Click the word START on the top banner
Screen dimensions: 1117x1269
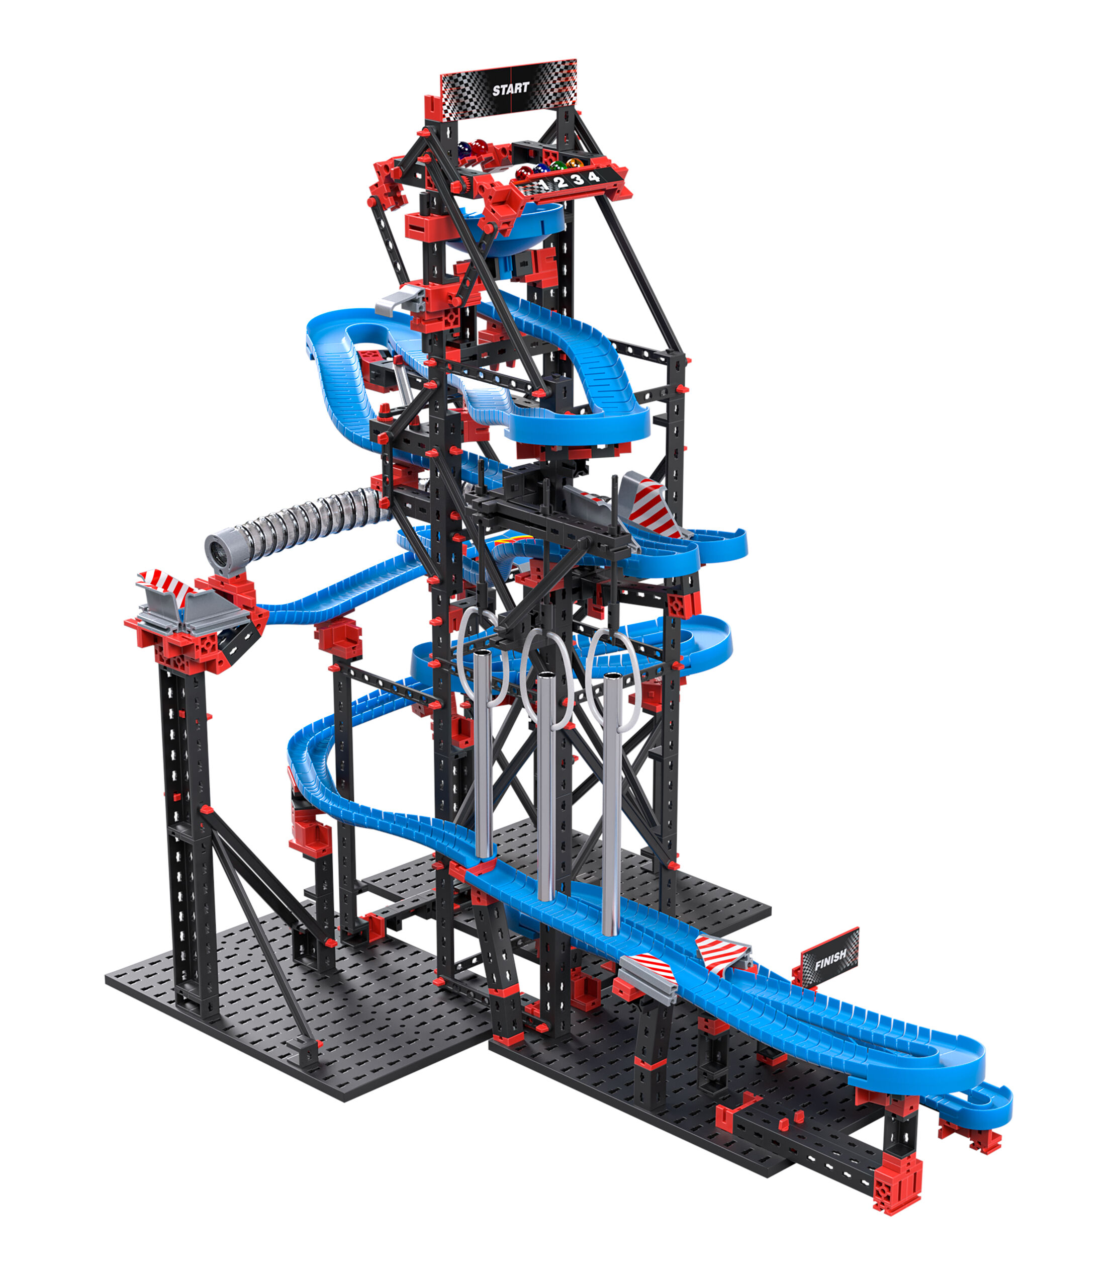511,89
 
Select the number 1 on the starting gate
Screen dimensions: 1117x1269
543,183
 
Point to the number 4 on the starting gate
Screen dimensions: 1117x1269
594,177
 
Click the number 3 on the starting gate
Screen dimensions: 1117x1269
578,180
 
